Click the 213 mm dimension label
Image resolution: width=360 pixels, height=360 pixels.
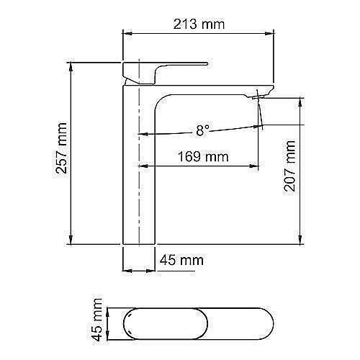point(199,24)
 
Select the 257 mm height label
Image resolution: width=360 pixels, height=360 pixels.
point(61,148)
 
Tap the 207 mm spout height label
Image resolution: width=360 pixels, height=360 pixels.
point(289,166)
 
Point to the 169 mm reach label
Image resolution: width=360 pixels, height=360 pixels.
point(203,157)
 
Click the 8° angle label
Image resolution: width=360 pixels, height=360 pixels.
point(203,130)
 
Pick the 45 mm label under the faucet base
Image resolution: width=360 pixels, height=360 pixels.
point(181,260)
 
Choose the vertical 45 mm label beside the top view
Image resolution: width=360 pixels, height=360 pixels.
point(97,320)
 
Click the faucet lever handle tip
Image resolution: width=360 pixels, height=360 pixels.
point(207,63)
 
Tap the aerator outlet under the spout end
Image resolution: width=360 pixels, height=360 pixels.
point(258,96)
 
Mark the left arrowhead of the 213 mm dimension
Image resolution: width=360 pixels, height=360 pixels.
point(127,33)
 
